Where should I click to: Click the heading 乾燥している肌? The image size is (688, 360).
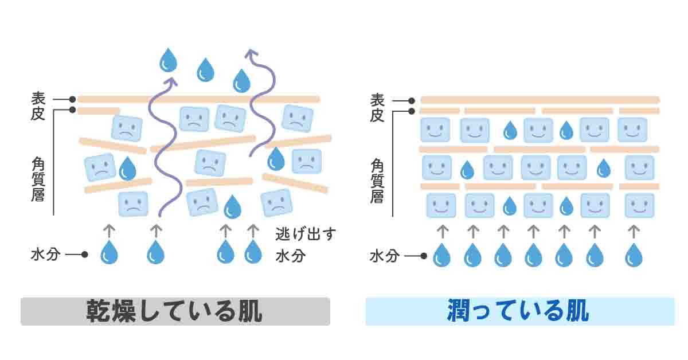(x=174, y=312)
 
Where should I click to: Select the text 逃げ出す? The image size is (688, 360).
(x=305, y=234)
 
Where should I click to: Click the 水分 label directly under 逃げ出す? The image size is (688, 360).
(x=290, y=256)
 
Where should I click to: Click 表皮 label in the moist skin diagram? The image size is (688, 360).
(x=377, y=107)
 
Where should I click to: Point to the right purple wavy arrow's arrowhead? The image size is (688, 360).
(x=251, y=54)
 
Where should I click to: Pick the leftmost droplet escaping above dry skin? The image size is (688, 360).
(x=169, y=60)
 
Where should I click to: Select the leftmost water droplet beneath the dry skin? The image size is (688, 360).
(x=109, y=252)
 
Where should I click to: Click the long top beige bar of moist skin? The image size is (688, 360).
(x=540, y=100)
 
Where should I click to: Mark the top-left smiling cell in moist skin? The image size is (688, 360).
(x=435, y=130)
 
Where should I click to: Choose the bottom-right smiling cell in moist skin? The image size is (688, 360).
(x=639, y=205)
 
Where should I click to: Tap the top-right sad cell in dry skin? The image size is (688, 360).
(x=297, y=118)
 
